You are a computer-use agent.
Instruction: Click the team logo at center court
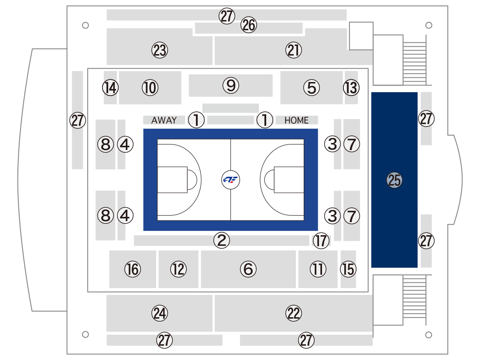(x=230, y=180)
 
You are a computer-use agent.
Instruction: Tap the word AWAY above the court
(x=164, y=120)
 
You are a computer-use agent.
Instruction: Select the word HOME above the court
(x=296, y=120)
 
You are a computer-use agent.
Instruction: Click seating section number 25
(x=394, y=180)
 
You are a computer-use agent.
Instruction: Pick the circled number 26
(x=249, y=25)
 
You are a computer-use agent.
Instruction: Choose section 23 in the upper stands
(x=160, y=50)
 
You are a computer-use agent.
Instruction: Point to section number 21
(x=294, y=50)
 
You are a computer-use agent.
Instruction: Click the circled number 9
(x=231, y=86)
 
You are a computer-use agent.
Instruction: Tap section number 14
(x=110, y=88)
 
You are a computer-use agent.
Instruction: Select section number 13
(x=351, y=88)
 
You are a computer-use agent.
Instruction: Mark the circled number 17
(x=321, y=240)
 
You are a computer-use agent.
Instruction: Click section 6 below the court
(x=248, y=269)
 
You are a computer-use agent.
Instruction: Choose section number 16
(x=133, y=269)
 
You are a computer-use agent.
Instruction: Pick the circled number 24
(x=160, y=313)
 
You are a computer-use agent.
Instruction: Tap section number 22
(x=294, y=313)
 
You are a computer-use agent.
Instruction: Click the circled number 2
(x=222, y=240)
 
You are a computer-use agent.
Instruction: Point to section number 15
(x=348, y=269)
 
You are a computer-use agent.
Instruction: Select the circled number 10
(x=150, y=88)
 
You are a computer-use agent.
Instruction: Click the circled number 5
(x=312, y=88)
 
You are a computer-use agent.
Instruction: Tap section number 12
(x=178, y=269)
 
